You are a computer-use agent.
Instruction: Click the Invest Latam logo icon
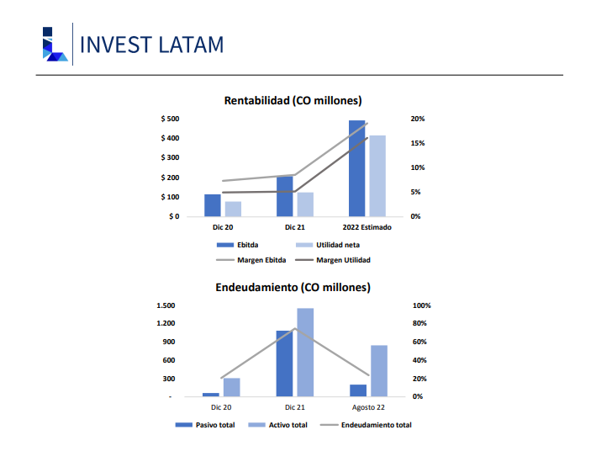[x=55, y=44]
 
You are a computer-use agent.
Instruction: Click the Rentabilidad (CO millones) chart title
[x=293, y=100]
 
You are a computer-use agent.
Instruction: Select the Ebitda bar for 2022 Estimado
[x=356, y=168]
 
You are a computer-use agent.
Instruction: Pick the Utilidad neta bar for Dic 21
[x=305, y=204]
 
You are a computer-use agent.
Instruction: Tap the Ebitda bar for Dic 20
[x=213, y=205]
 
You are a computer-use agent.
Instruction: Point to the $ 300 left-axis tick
[x=170, y=157]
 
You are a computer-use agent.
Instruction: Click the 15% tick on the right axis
[x=417, y=143]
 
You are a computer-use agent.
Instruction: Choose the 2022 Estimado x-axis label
[x=367, y=227]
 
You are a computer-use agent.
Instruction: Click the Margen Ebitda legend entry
[x=251, y=260]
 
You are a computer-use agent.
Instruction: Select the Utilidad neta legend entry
[x=328, y=245]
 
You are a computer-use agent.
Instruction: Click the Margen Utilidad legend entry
[x=333, y=260]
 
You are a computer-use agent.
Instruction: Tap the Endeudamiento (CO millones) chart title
[x=293, y=287]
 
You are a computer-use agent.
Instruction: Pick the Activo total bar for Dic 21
[x=305, y=353]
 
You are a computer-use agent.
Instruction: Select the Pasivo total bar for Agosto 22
[x=358, y=390]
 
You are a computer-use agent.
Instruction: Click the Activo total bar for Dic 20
[x=231, y=387]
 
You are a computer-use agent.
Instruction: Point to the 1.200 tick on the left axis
[x=166, y=323]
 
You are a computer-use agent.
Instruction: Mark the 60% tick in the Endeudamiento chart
[x=419, y=342]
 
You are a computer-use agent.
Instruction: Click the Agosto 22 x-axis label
[x=368, y=407]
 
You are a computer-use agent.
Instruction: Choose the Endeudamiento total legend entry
[x=366, y=425]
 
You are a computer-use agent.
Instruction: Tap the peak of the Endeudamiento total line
[x=295, y=328]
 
